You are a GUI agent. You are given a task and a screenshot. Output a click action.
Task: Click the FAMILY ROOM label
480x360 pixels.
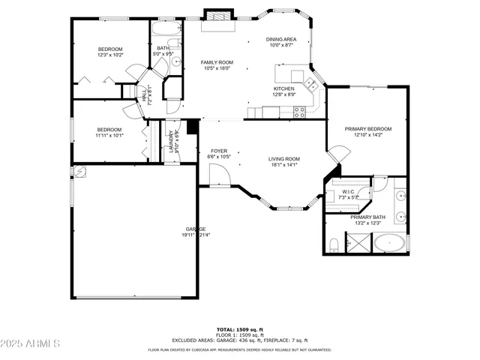(x=217, y=62)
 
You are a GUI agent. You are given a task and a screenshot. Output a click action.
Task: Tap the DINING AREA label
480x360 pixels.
(x=281, y=39)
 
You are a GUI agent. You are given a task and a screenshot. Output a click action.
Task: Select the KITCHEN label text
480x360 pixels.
(x=283, y=88)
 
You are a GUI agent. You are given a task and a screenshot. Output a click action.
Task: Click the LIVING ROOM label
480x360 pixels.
(x=285, y=158)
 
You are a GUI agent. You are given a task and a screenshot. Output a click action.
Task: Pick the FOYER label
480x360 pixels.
(x=219, y=151)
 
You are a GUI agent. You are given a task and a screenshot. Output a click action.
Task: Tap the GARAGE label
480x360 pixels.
(x=196, y=229)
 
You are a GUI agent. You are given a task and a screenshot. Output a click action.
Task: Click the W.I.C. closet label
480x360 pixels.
(x=349, y=191)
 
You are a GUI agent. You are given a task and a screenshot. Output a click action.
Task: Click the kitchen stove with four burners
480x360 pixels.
(x=299, y=112)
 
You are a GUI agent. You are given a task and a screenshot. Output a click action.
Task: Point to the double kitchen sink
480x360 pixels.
(x=309, y=83)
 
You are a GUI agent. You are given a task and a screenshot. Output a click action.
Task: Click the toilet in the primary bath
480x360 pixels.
(x=333, y=244)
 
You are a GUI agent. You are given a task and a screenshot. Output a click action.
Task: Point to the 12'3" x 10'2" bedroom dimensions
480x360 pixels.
(x=109, y=55)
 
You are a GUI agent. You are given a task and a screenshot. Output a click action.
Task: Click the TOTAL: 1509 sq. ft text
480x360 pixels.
(x=239, y=329)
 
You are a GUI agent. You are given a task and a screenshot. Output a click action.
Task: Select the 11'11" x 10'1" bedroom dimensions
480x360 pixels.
(x=109, y=136)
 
